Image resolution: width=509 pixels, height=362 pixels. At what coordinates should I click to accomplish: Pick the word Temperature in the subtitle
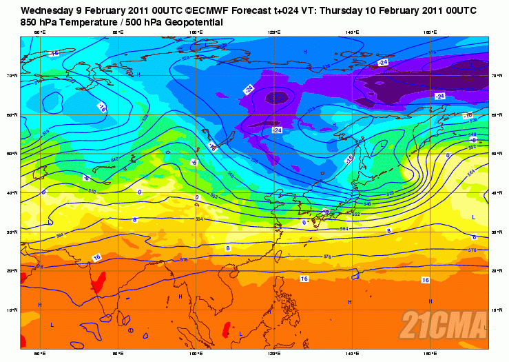click(86, 23)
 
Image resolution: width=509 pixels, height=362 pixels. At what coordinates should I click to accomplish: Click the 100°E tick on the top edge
click(196, 32)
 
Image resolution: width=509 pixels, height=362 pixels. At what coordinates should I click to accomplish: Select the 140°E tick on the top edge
click(353, 32)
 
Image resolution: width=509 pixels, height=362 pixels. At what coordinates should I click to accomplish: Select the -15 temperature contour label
click(54, 53)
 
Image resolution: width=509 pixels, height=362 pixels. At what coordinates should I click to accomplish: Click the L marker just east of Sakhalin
click(382, 145)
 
